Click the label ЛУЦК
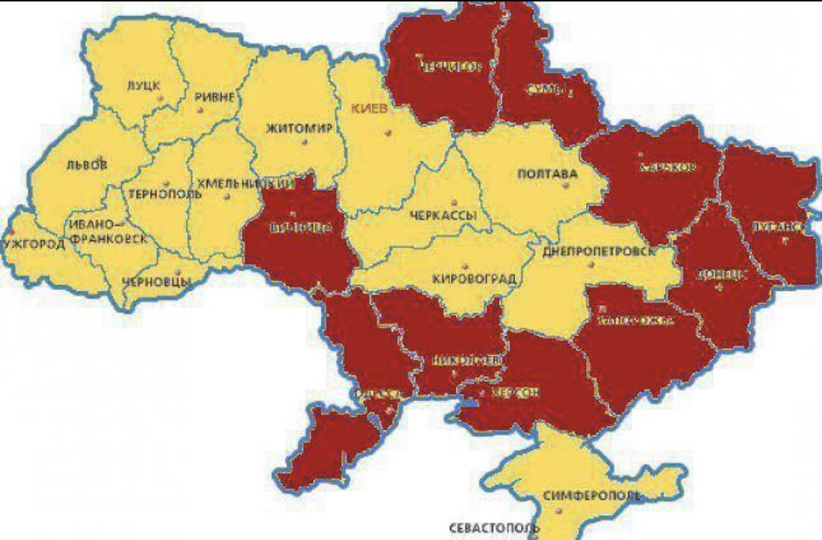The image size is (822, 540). click(x=142, y=85)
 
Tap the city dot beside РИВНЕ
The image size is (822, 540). click(x=200, y=110)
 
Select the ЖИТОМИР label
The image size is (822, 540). click(x=298, y=129)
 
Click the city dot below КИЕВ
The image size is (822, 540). click(x=389, y=133)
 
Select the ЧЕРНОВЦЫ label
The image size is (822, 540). click(x=157, y=281)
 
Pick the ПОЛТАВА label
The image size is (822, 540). click(x=547, y=175)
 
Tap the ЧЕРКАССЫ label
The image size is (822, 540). click(x=444, y=216)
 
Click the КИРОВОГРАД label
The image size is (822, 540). click(x=473, y=278)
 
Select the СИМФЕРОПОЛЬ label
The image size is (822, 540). click(x=592, y=496)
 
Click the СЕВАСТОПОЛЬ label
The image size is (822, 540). click(x=493, y=528)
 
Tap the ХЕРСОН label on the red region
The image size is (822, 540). click(x=515, y=393)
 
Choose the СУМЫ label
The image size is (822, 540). click(x=547, y=90)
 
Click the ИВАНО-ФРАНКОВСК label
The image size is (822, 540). click(x=106, y=230)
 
